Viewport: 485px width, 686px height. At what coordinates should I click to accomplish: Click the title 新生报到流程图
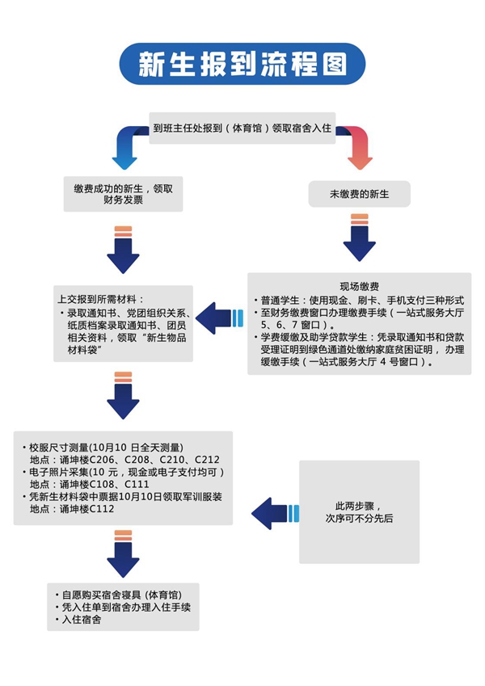coord(242,64)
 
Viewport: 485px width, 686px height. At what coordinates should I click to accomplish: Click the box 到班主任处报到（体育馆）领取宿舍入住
coord(242,128)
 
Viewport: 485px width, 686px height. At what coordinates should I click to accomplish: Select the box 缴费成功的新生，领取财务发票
coord(123,194)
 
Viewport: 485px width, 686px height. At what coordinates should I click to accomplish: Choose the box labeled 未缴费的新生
coord(360,194)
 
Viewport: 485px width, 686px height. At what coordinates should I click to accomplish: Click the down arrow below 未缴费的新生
coord(360,238)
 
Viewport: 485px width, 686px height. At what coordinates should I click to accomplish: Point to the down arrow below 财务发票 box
coord(123,250)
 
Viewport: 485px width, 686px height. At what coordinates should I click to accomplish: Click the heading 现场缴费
coord(360,287)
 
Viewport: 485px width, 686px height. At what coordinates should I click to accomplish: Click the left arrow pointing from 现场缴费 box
coord(219,318)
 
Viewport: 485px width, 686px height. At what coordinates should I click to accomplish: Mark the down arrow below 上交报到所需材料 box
coord(123,395)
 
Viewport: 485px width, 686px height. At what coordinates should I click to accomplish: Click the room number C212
coord(207,460)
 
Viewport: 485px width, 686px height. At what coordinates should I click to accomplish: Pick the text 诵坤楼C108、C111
coord(104,484)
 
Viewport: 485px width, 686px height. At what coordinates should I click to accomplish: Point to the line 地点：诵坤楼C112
coord(72,509)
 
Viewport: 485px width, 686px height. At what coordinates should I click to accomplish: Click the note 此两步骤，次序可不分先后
coord(360,512)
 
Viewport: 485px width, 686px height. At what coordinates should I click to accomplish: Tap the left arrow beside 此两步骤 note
coord(276,514)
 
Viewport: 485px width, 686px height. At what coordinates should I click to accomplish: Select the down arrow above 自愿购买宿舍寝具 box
coord(123,553)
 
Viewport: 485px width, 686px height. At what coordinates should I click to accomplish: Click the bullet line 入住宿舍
coord(78,620)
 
